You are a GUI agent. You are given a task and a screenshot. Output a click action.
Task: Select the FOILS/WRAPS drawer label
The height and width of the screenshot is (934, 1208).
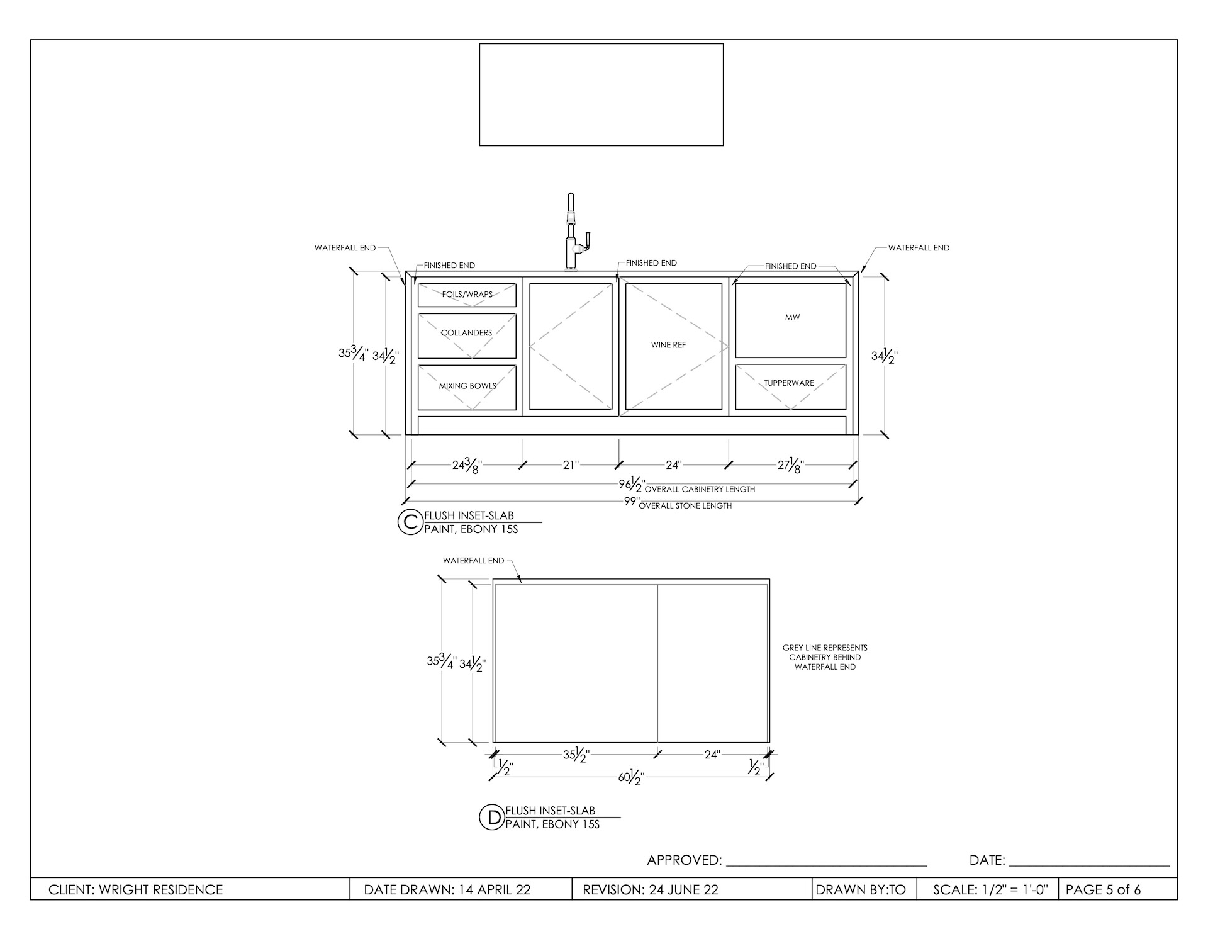click(467, 295)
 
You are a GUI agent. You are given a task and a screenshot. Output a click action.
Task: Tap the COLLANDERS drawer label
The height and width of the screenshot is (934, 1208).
click(466, 333)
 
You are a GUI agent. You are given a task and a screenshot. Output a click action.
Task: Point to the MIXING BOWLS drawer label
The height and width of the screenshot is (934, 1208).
click(467, 386)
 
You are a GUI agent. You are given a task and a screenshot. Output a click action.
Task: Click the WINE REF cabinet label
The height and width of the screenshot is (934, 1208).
click(668, 345)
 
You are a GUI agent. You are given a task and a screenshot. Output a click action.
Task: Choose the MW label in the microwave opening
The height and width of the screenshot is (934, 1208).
click(792, 317)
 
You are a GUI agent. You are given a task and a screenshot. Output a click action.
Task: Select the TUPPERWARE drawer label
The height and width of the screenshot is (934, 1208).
click(789, 383)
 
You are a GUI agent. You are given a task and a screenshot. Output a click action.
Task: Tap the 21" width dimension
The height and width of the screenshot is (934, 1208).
click(571, 465)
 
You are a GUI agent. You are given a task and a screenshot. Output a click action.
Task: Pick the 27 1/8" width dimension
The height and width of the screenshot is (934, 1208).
click(791, 466)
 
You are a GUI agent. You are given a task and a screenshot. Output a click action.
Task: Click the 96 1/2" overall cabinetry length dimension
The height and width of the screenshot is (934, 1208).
click(632, 484)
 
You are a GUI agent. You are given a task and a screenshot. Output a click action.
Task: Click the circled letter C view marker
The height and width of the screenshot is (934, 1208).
click(410, 522)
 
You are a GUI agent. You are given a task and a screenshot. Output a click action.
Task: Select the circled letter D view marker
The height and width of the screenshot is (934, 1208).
click(491, 816)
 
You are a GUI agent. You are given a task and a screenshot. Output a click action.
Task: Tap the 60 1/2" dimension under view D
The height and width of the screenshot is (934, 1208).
click(631, 777)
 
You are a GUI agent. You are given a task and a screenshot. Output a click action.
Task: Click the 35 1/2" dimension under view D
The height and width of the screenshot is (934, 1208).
click(576, 755)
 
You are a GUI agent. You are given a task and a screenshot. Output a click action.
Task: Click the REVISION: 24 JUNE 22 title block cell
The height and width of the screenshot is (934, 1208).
click(651, 890)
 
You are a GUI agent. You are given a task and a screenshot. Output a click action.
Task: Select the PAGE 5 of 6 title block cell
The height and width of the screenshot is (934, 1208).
click(1103, 890)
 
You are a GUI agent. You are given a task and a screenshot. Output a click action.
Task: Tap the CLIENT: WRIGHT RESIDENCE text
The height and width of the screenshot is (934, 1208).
click(136, 890)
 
